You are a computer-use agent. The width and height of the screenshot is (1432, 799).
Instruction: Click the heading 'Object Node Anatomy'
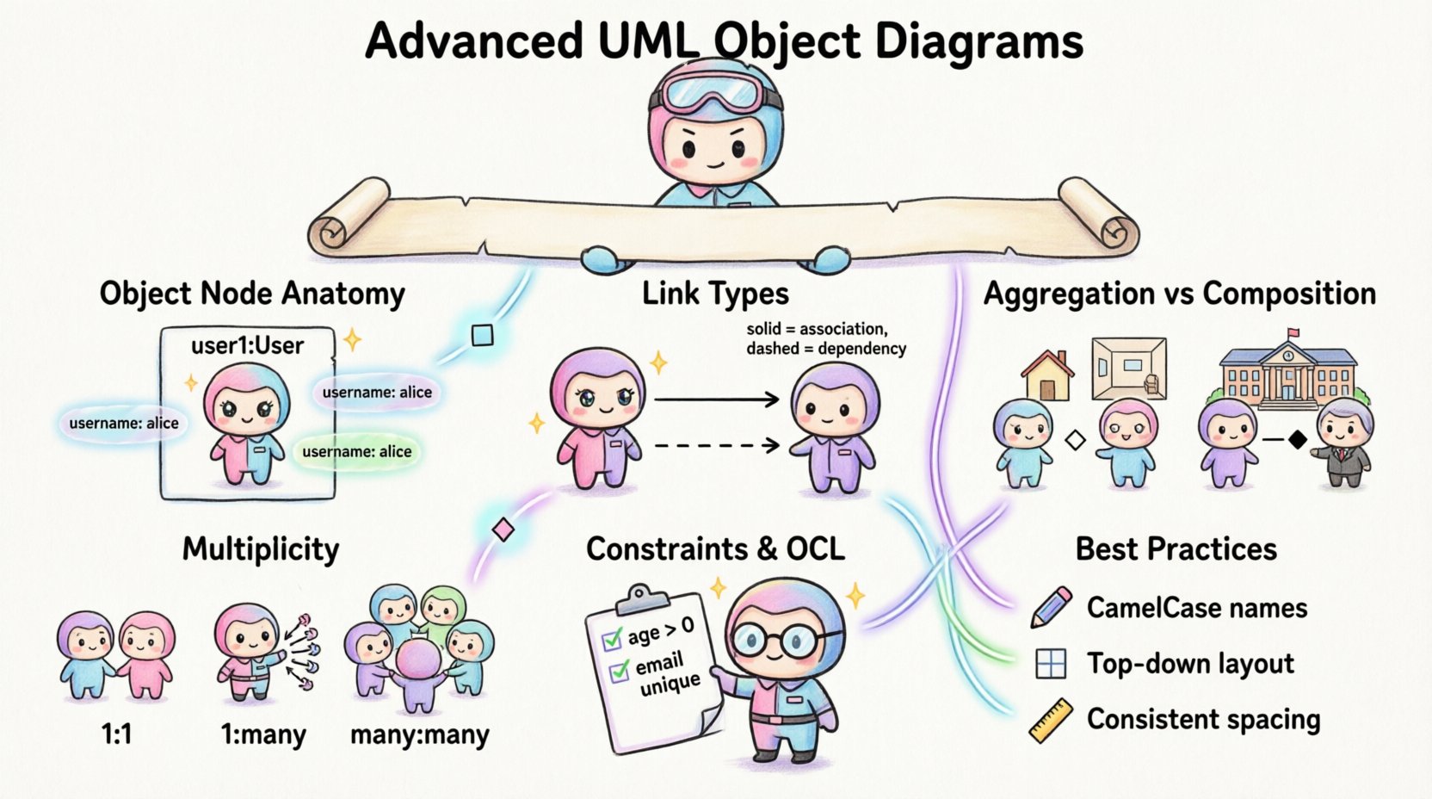tap(252, 294)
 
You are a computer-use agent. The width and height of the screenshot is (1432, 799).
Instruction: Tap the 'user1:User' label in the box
tap(247, 345)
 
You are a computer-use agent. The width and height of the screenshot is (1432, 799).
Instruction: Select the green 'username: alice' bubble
tap(356, 451)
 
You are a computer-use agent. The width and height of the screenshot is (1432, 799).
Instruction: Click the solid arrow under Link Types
tap(716, 399)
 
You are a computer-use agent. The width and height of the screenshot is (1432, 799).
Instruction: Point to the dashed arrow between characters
tap(716, 445)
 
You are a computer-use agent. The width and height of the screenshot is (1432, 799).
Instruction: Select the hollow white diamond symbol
tap(1075, 441)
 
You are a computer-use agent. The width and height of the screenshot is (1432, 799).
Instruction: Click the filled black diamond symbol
tap(1297, 440)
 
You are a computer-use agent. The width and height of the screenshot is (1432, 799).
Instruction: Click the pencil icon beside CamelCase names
tap(1051, 606)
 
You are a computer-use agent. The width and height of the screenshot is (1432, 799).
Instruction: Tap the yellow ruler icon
tap(1051, 721)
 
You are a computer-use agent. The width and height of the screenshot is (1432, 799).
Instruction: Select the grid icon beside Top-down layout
tap(1051, 664)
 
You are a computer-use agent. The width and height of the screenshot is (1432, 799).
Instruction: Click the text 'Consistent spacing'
tap(1203, 719)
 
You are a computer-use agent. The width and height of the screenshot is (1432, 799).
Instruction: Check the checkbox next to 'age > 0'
tap(612, 639)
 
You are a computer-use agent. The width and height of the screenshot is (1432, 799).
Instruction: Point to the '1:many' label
tap(263, 735)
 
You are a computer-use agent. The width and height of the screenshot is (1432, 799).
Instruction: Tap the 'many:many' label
tap(419, 735)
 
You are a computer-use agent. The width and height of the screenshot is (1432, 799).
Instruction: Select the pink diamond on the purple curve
tap(503, 530)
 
